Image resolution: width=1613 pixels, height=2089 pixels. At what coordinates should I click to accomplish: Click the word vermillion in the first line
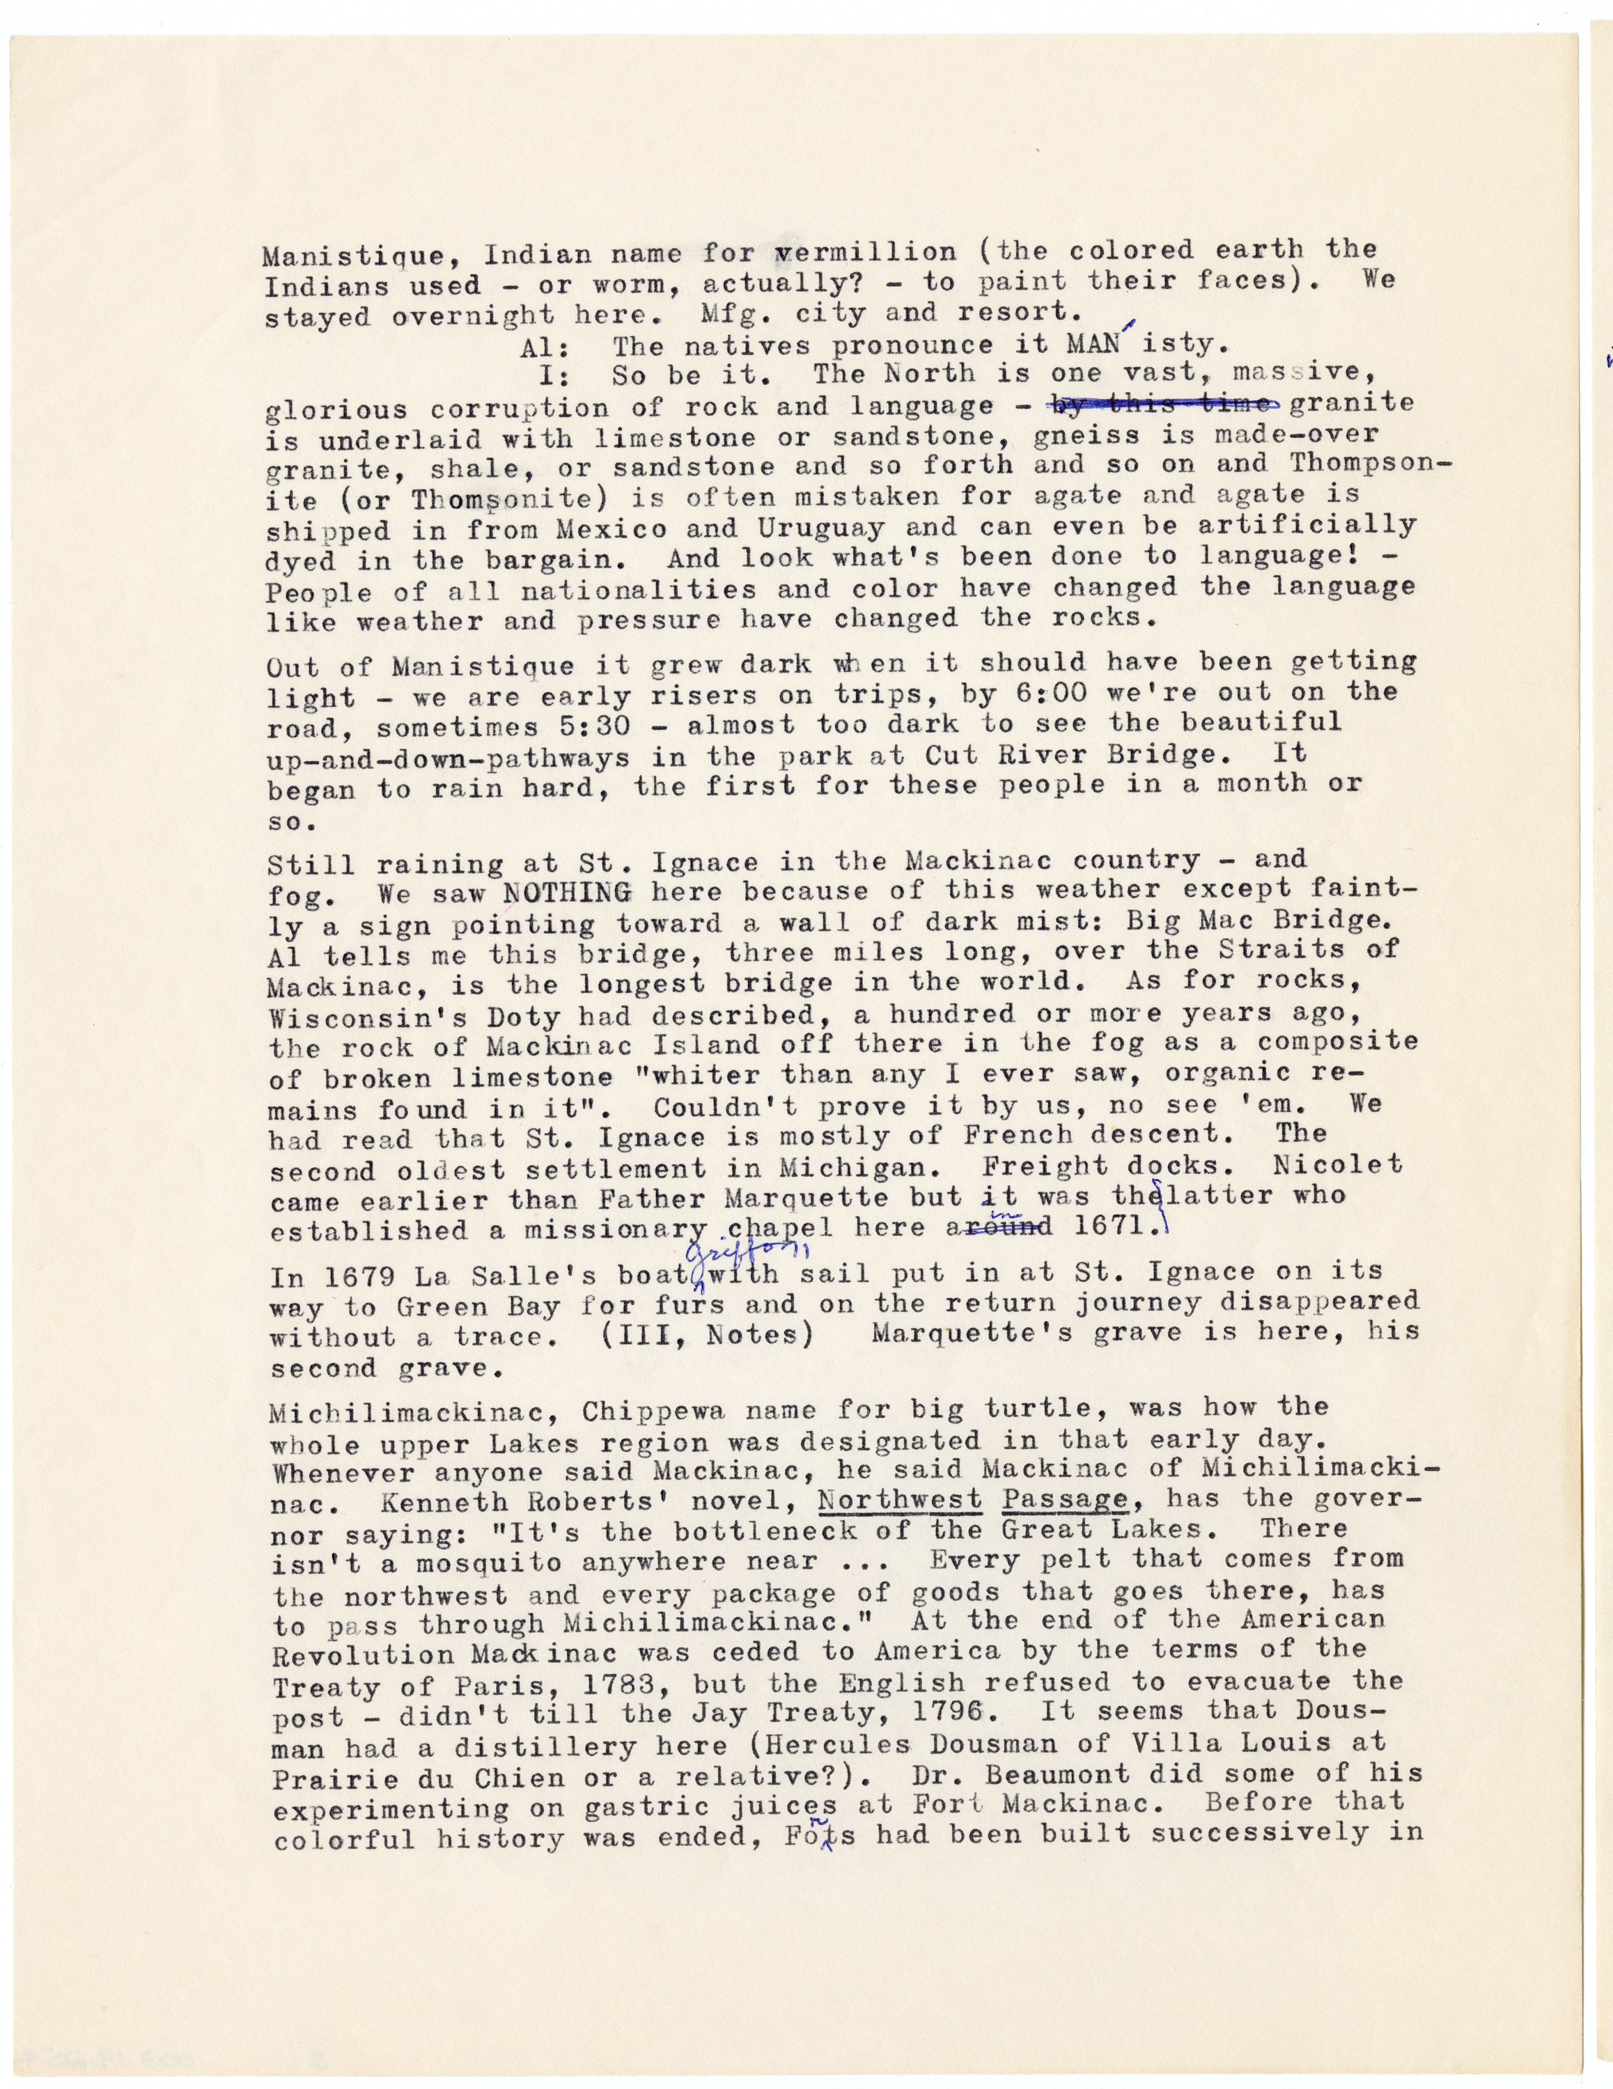(865, 253)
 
